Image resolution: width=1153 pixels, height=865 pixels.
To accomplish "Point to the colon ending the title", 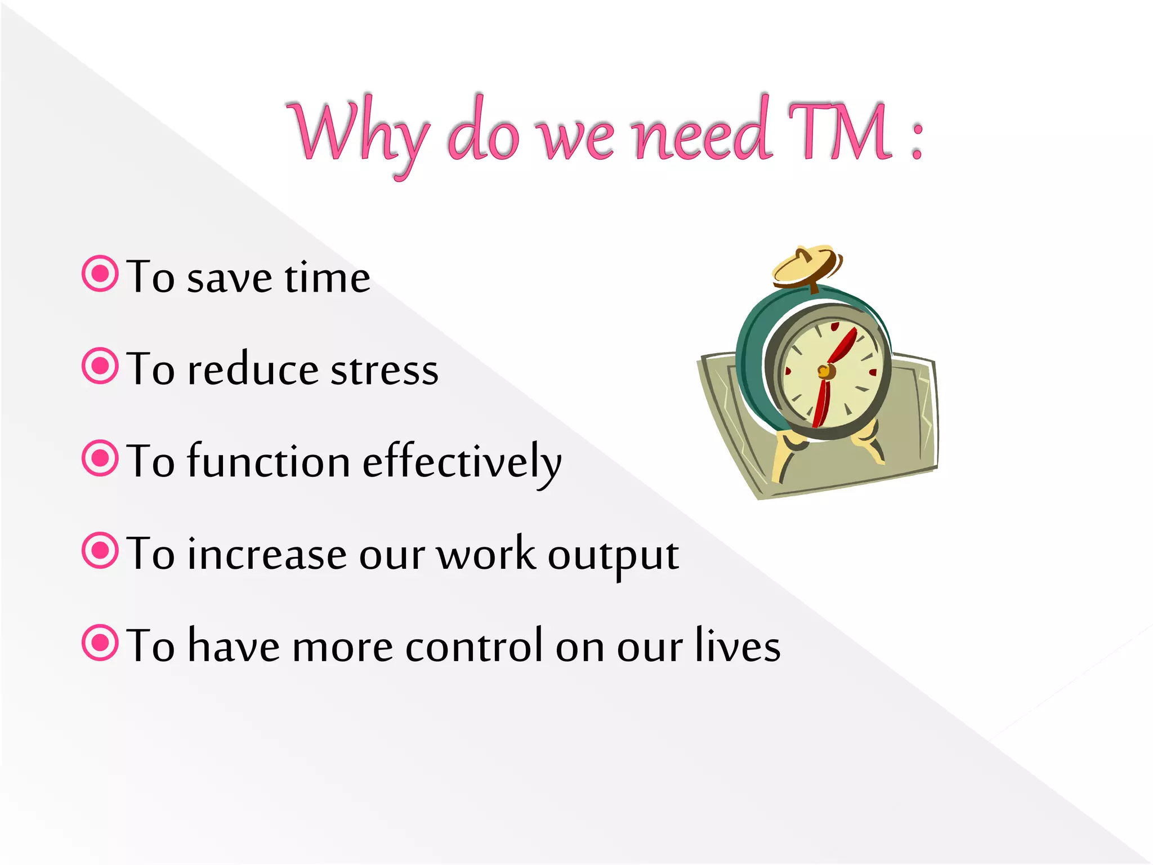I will point(917,141).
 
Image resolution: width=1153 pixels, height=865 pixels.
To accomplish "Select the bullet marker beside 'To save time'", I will point(100,274).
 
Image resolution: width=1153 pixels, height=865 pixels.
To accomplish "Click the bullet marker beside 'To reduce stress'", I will point(100,366).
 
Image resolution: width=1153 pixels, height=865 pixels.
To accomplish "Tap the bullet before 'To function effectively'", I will point(100,458).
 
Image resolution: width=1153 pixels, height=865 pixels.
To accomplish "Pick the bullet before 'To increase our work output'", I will point(100,551).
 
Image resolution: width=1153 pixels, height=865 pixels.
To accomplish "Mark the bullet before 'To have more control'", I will point(100,643).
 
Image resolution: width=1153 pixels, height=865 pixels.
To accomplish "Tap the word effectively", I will point(462,462).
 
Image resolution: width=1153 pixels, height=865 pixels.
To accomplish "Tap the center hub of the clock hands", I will point(825,371).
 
